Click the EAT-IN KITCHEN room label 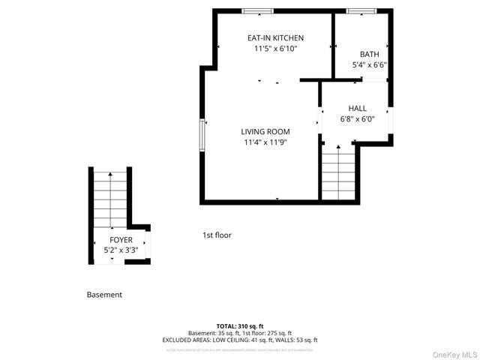[x=275, y=37]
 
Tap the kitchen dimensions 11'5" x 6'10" [x=275, y=49]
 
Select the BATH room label [x=369, y=54]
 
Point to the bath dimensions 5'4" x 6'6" [x=369, y=65]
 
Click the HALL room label [x=357, y=108]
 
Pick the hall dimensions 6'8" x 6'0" [x=357, y=119]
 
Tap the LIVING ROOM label [x=265, y=131]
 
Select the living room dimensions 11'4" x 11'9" [x=265, y=142]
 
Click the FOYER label [x=121, y=239]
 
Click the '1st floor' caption [x=217, y=235]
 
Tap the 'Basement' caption [x=104, y=295]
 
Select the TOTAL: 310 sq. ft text [x=239, y=326]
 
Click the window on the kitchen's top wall [x=257, y=11]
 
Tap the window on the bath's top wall [x=361, y=11]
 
